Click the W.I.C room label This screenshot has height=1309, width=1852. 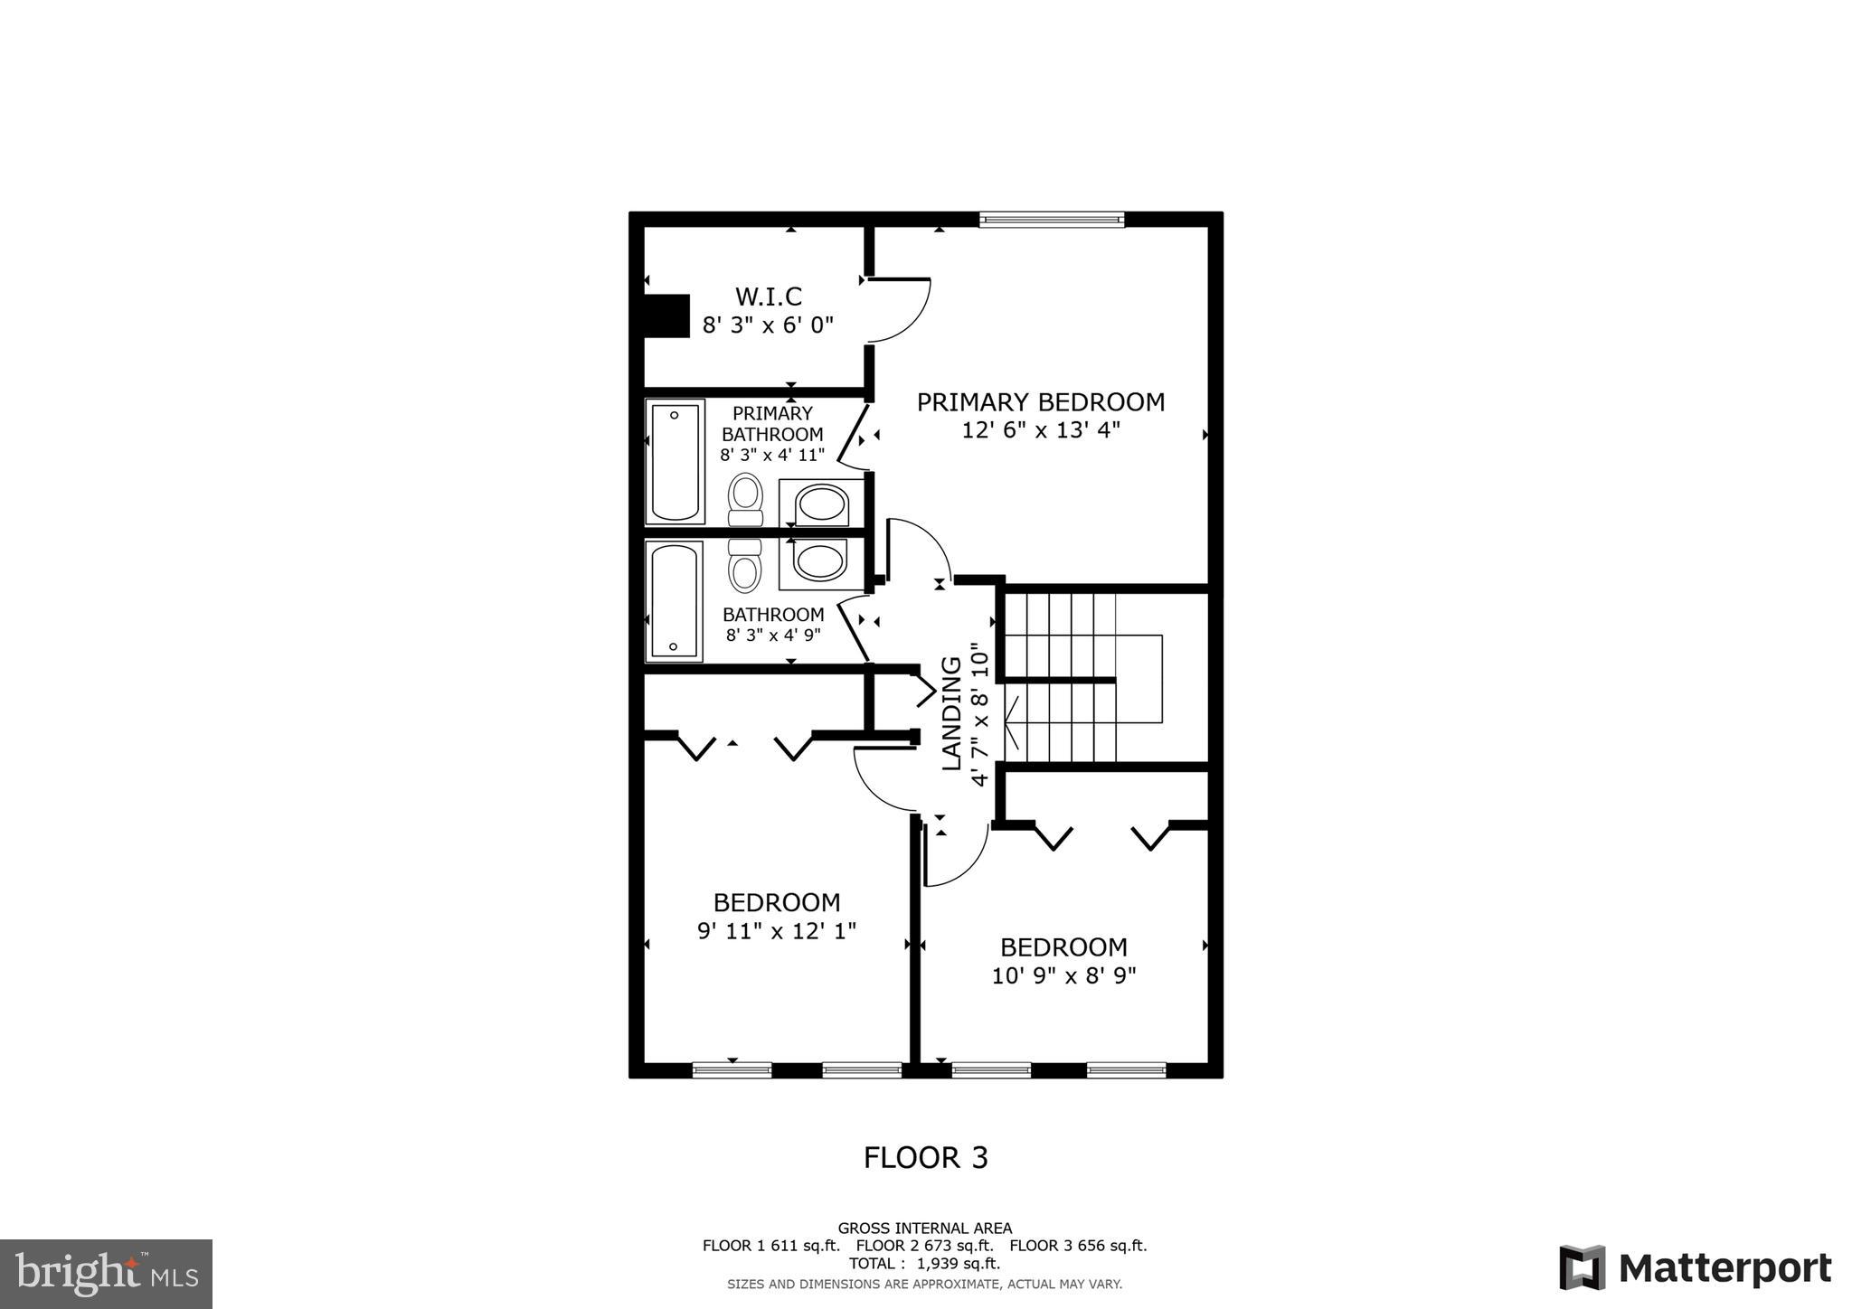click(x=768, y=297)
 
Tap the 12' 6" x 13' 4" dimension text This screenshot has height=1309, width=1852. click(x=1040, y=430)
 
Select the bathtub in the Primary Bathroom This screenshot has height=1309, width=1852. click(x=675, y=462)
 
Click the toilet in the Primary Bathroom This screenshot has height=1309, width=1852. click(x=746, y=499)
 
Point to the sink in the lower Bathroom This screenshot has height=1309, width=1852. click(x=821, y=562)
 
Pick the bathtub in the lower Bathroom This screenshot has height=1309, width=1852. click(x=674, y=600)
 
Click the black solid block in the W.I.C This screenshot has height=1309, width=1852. click(x=666, y=316)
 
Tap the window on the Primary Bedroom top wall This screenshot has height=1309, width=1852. click(x=1052, y=219)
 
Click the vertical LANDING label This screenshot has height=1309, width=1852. click(x=951, y=713)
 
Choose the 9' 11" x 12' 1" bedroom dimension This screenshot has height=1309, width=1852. click(x=776, y=930)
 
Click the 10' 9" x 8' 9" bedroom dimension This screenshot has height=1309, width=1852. click(x=1063, y=975)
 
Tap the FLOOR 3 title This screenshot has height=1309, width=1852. click(x=925, y=1157)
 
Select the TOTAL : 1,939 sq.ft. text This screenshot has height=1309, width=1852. click(x=924, y=1264)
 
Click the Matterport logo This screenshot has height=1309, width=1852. click(x=1694, y=1268)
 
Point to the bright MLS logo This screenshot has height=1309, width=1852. click(x=106, y=1274)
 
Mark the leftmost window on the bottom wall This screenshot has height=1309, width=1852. click(x=732, y=1070)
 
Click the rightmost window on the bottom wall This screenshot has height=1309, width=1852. click(x=1126, y=1070)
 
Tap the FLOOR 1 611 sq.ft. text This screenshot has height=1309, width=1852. click(x=770, y=1246)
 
